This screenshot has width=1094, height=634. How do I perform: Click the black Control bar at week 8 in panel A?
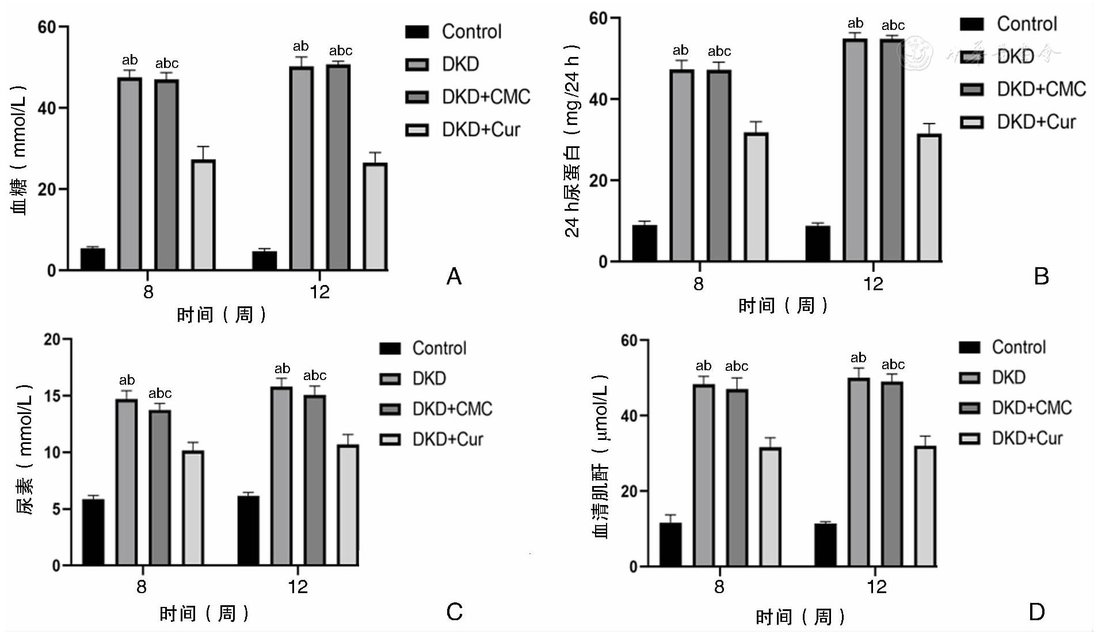click(x=93, y=259)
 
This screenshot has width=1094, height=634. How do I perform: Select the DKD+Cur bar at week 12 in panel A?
click(x=375, y=216)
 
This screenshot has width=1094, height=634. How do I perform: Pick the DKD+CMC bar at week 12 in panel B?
click(x=892, y=150)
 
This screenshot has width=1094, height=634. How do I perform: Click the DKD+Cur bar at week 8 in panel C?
click(x=193, y=507)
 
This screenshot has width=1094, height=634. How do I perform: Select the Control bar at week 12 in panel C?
click(x=248, y=530)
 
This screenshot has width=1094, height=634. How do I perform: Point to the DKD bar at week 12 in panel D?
click(x=859, y=472)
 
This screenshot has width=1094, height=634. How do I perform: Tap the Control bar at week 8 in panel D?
click(x=670, y=544)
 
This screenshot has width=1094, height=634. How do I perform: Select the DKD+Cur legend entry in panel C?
click(x=431, y=439)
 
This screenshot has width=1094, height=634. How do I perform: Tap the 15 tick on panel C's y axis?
click(x=52, y=396)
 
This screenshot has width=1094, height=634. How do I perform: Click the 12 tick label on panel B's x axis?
click(x=872, y=284)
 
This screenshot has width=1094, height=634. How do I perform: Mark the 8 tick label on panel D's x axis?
click(x=719, y=587)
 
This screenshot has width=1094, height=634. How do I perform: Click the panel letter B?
click(x=1041, y=277)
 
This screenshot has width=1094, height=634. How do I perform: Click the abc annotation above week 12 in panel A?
click(x=341, y=51)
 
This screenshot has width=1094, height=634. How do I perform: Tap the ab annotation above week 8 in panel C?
click(x=127, y=380)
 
